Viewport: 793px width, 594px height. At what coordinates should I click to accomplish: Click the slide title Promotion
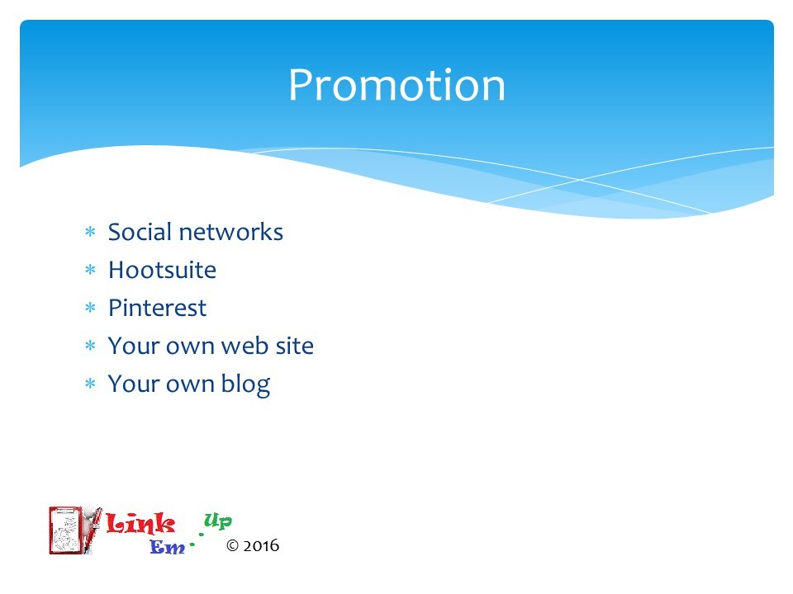tap(396, 85)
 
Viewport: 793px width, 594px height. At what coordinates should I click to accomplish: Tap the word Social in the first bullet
tap(140, 232)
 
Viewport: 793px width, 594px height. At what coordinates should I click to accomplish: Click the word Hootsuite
tap(163, 270)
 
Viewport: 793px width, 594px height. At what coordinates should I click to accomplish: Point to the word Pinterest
tap(157, 308)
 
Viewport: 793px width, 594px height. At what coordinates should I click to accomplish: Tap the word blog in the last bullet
tap(245, 384)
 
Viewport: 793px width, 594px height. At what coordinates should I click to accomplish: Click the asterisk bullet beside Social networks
tap(91, 232)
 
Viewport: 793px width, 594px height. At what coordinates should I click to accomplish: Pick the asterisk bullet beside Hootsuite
tap(91, 270)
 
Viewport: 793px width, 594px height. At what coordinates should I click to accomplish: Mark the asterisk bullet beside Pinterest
tap(91, 308)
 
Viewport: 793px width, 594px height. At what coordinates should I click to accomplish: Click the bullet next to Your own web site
tap(91, 346)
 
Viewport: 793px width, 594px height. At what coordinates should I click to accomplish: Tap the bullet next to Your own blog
tap(91, 384)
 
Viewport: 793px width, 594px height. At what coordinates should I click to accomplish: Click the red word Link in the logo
tap(140, 523)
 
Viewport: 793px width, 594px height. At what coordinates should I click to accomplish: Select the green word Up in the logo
tap(218, 521)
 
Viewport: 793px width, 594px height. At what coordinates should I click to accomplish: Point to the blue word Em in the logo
tap(168, 547)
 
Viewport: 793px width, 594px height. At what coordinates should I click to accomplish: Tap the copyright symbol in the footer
tap(232, 545)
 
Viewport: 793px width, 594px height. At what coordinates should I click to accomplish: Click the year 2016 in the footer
tap(261, 545)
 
